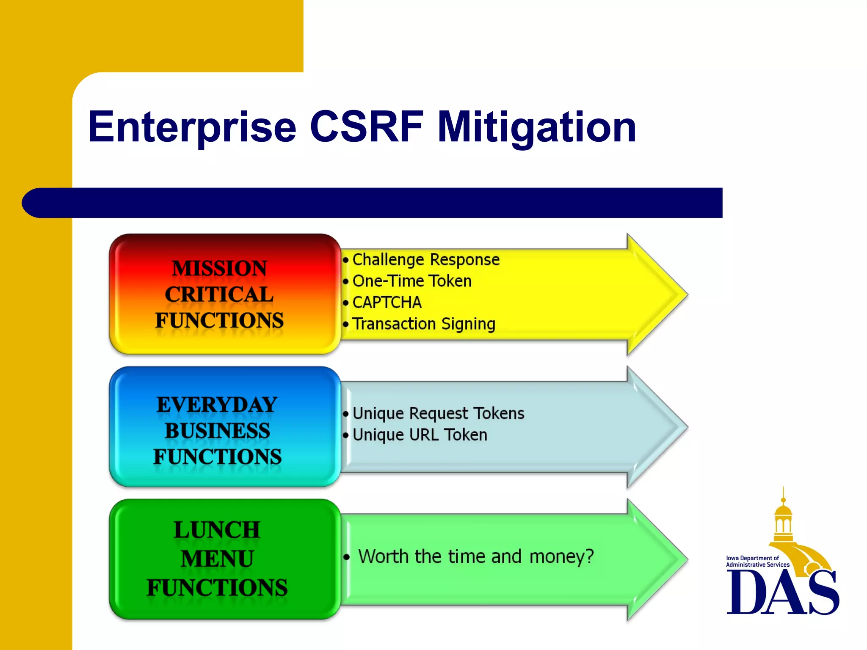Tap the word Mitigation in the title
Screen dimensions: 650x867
coord(536,127)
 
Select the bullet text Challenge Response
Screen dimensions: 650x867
coord(425,259)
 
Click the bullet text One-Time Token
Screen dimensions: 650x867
coord(411,281)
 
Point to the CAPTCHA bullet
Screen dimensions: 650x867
coord(387,303)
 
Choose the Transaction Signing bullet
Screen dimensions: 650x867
coord(423,324)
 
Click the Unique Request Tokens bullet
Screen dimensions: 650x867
coord(438,413)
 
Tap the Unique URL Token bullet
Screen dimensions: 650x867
coord(420,435)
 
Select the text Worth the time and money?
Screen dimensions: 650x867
coord(475,556)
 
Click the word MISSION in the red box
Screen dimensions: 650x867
coord(219,268)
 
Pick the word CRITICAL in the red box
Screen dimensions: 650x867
coord(219,295)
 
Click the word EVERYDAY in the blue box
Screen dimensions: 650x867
coord(217,405)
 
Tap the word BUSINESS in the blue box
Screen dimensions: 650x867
coord(217,431)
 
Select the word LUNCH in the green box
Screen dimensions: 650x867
coord(217,530)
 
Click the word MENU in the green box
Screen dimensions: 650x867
coord(217,559)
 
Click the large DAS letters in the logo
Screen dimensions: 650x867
coord(782,592)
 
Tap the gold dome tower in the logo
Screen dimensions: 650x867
coord(783,521)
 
